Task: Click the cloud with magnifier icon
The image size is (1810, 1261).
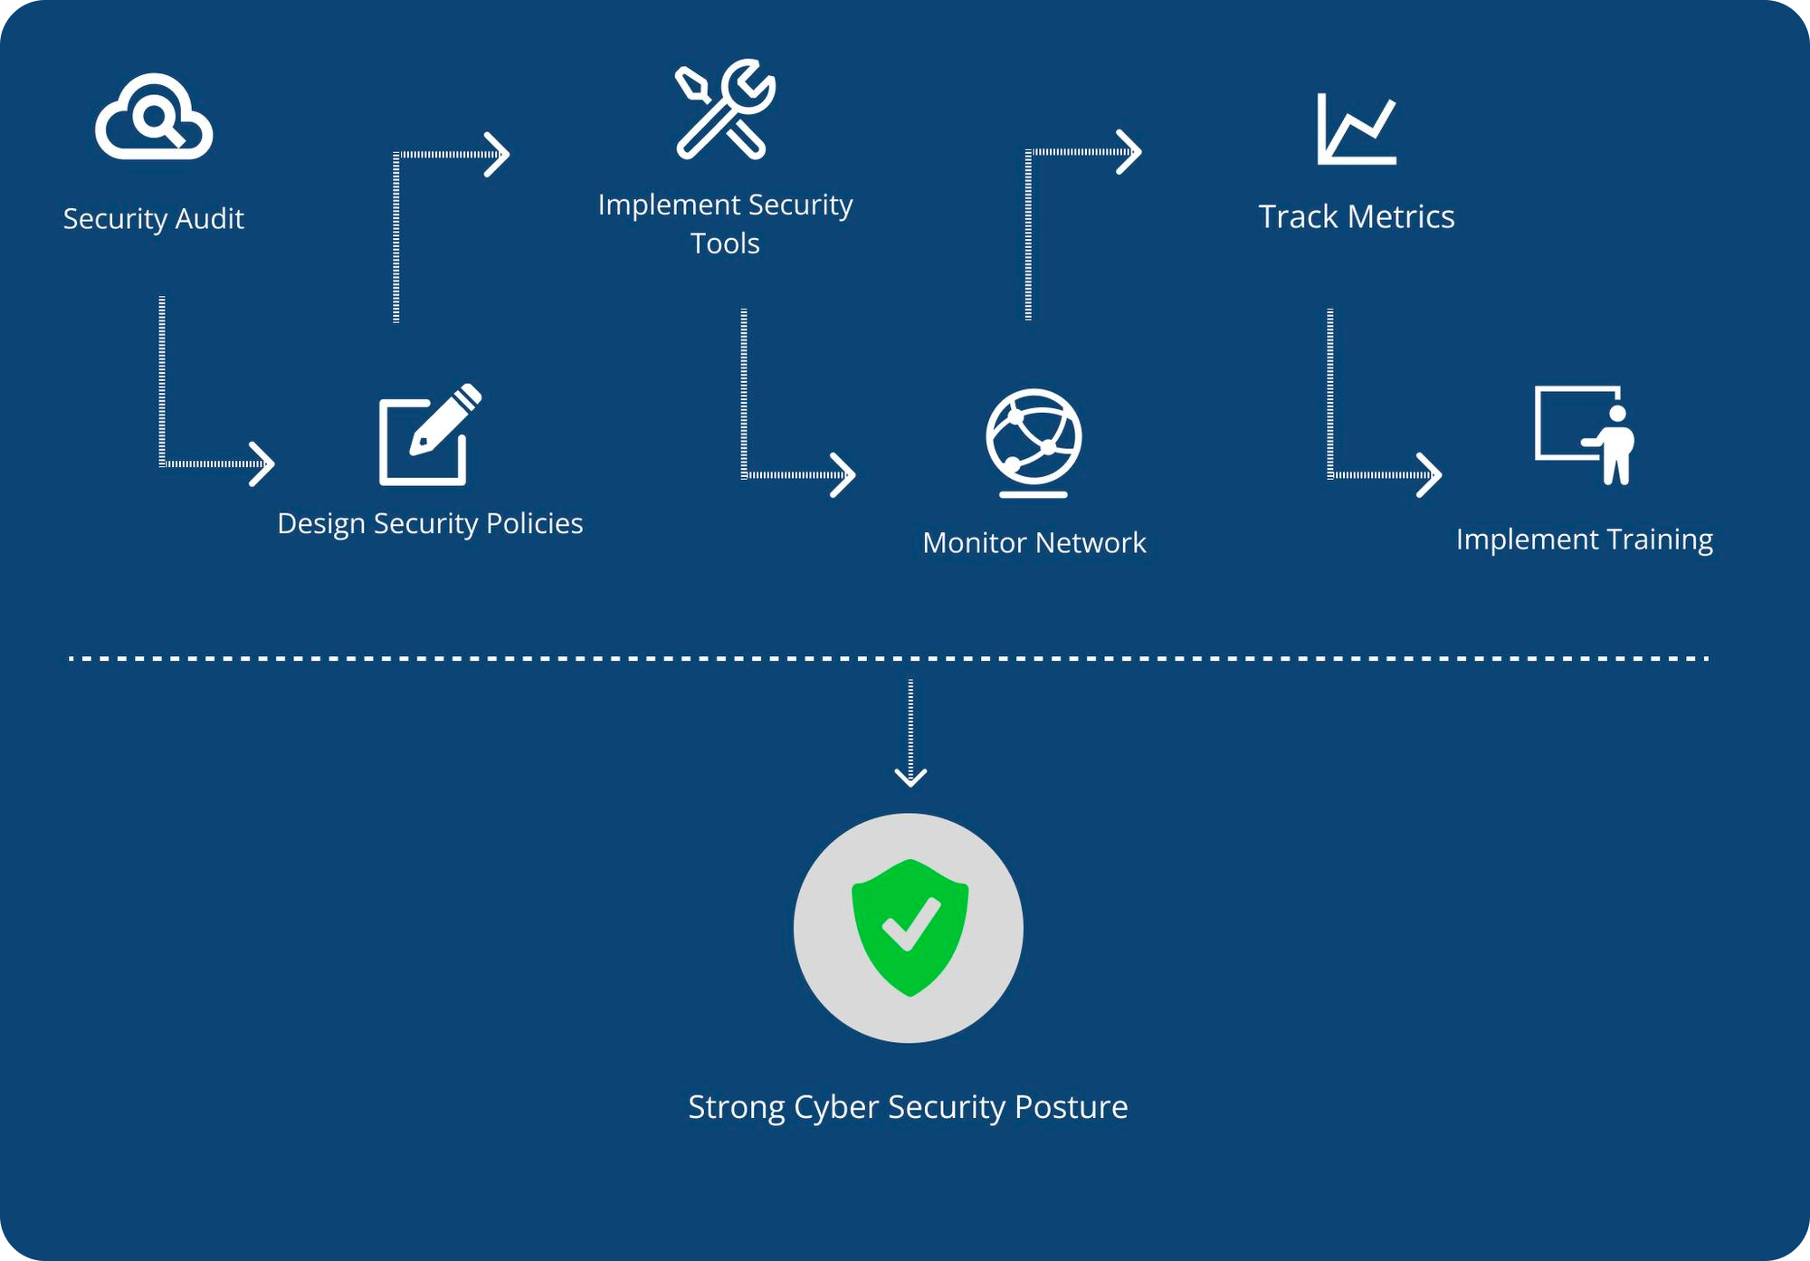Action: click(154, 118)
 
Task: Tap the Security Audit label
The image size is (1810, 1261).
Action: click(153, 219)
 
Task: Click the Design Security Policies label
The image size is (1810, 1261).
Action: click(430, 523)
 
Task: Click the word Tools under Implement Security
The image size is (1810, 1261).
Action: click(725, 244)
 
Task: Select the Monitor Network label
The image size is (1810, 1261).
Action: click(1034, 542)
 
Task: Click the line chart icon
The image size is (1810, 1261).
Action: click(1356, 129)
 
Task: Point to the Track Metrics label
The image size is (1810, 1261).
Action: click(1356, 217)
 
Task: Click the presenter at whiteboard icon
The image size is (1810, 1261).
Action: click(1585, 435)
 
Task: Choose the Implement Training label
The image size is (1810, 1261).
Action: click(1584, 540)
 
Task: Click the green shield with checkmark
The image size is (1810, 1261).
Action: click(910, 927)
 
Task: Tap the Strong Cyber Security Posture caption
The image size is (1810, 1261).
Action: click(908, 1107)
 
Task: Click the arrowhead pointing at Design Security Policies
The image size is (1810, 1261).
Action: click(263, 464)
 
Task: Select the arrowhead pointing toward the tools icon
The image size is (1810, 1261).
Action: click(499, 155)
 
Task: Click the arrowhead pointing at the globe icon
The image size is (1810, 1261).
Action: click(844, 475)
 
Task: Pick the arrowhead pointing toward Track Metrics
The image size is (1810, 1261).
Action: click(1130, 152)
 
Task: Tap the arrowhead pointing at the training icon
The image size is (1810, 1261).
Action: click(1431, 475)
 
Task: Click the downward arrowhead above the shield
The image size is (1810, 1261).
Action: click(910, 777)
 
